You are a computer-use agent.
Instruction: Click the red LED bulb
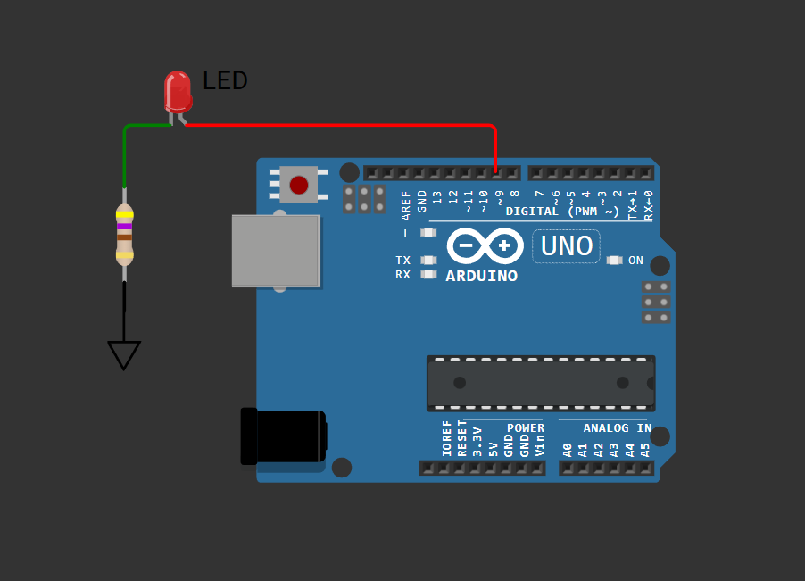click(x=178, y=90)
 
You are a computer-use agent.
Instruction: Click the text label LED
click(x=225, y=81)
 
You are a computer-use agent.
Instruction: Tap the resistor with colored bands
click(x=124, y=235)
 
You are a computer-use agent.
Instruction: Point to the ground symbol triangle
click(x=124, y=354)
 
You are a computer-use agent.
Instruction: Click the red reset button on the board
click(x=299, y=185)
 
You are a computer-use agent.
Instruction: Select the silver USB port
click(x=276, y=251)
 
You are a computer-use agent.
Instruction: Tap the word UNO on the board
click(x=567, y=245)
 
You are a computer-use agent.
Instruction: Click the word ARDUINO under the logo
click(x=482, y=277)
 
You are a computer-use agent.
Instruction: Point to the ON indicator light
click(x=614, y=261)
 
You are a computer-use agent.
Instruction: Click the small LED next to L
click(x=429, y=233)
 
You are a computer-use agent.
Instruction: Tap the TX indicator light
click(x=429, y=261)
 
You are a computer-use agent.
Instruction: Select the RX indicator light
click(x=429, y=274)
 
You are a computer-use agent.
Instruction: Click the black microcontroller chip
click(x=541, y=383)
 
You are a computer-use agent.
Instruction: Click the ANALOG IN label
click(x=617, y=428)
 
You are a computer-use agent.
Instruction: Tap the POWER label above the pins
click(x=526, y=428)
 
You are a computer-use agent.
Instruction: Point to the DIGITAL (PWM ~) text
click(x=562, y=212)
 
